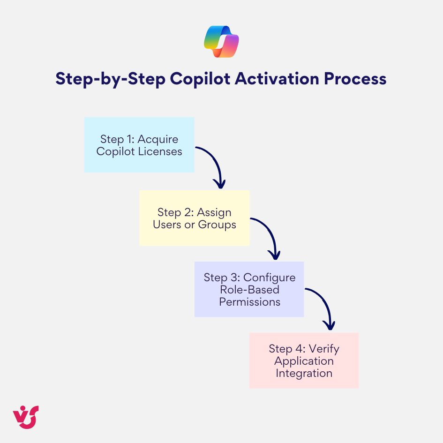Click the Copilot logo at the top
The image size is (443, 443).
pyautogui.click(x=221, y=42)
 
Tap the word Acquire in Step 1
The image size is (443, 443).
pyautogui.click(x=158, y=139)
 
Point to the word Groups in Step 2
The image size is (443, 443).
pyautogui.click(x=217, y=225)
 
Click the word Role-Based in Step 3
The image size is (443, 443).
pyautogui.click(x=249, y=290)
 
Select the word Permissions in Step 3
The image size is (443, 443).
pyautogui.click(x=249, y=302)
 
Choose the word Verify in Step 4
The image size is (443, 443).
pyautogui.click(x=323, y=349)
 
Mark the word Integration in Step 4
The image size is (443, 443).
pyautogui.click(x=304, y=373)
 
